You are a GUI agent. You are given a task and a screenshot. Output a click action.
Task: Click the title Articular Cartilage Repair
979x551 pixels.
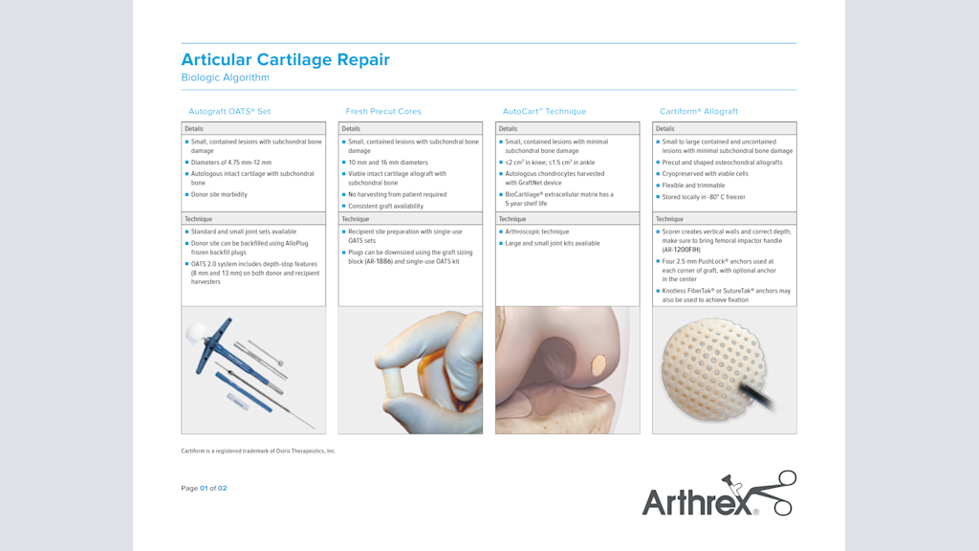click(285, 59)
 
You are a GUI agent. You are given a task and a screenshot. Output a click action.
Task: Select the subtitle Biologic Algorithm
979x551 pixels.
click(225, 77)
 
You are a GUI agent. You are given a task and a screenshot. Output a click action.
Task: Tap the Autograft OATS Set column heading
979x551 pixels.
click(229, 111)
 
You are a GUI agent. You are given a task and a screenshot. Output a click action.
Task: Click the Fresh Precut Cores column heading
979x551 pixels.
click(383, 111)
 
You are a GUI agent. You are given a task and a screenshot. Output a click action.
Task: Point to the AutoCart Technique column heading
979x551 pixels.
click(544, 111)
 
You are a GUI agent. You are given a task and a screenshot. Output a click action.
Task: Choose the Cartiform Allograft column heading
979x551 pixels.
click(699, 111)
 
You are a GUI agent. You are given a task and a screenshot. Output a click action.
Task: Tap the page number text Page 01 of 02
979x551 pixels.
click(204, 488)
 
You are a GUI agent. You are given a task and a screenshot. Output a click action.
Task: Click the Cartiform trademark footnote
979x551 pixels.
click(258, 451)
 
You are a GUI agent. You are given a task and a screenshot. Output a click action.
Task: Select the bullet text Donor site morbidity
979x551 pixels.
click(219, 194)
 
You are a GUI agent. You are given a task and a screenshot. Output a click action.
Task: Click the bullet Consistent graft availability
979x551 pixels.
click(385, 206)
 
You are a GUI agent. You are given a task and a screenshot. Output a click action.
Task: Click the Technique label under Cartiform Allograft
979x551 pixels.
click(669, 219)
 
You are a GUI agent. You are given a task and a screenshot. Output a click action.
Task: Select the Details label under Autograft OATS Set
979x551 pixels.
click(194, 128)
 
